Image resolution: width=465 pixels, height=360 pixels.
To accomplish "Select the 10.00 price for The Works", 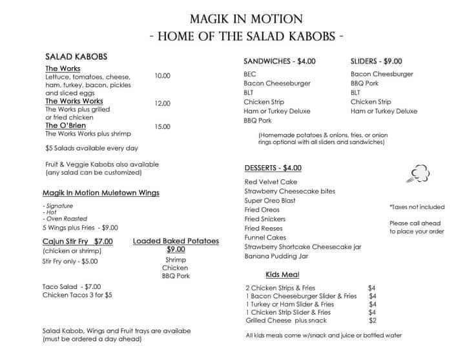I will coord(163,76).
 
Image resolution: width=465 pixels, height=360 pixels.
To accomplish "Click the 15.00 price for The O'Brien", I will coord(163,127).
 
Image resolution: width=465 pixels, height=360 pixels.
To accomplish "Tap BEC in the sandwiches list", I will coord(250,74).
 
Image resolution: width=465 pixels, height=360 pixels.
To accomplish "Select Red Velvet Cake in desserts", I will coord(271,182).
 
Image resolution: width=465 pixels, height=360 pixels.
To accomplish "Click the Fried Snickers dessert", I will coord(265,219).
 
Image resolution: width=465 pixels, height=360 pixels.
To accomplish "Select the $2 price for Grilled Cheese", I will coord(371,321).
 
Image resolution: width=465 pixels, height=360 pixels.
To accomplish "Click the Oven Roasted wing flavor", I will coord(63,218).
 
